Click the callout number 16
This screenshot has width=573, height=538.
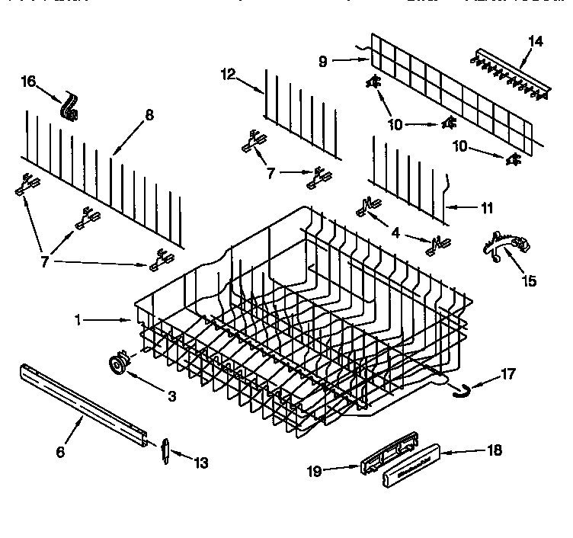pos(28,81)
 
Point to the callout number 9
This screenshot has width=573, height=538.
pos(323,62)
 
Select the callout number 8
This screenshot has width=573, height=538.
pos(149,115)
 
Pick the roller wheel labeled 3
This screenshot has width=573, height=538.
pos(118,363)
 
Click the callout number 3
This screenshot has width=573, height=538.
pos(171,396)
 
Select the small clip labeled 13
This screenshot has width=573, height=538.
pos(164,450)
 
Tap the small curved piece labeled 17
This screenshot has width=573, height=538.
pos(458,391)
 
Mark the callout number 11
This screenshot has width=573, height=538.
pos(487,207)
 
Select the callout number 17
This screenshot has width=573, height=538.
pos(508,374)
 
